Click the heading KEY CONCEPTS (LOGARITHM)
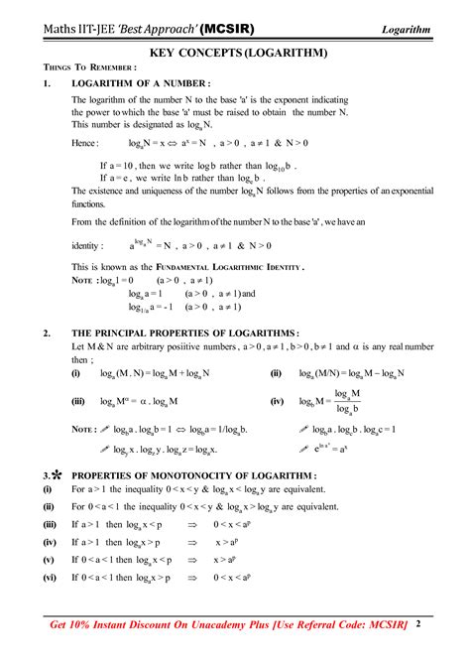click(x=234, y=50)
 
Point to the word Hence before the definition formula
click(x=85, y=143)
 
